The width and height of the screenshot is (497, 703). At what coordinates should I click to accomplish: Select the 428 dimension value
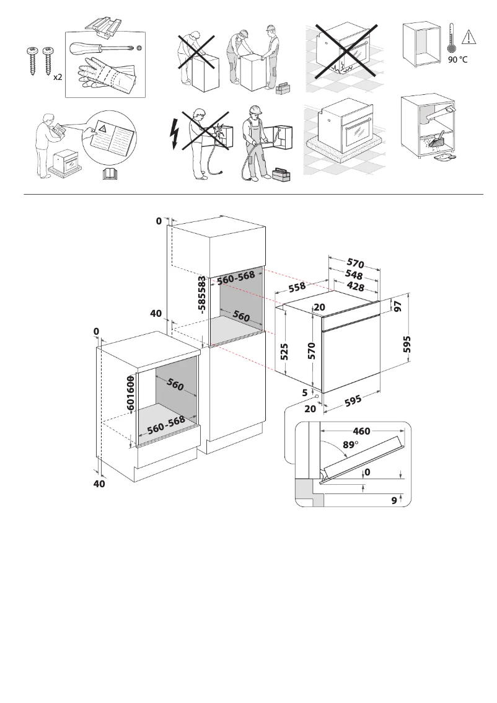(354, 286)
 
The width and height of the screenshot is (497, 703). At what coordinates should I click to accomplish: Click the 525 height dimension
(285, 352)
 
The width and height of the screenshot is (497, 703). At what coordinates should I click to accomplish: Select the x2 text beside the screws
(57, 77)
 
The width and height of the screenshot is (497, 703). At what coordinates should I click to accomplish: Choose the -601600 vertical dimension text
(131, 396)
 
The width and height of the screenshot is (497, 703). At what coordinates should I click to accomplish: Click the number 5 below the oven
(306, 392)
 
